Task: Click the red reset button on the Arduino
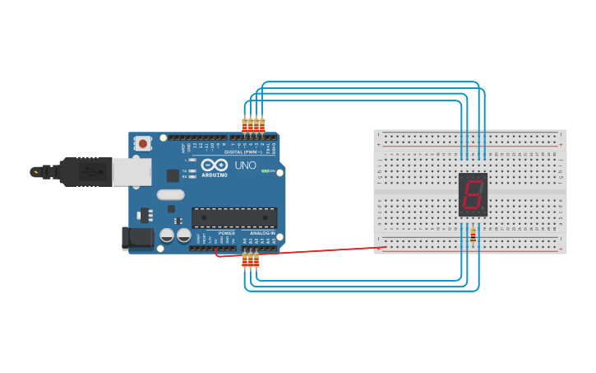(x=144, y=143)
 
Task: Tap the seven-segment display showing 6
(x=473, y=195)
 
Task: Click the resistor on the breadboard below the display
(x=473, y=235)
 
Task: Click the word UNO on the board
(x=246, y=165)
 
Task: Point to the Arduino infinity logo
(x=214, y=165)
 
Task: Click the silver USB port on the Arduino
(x=132, y=171)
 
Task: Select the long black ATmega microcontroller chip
(x=234, y=218)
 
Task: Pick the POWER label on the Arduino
(x=227, y=233)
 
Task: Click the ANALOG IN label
(x=262, y=233)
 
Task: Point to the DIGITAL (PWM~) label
(x=243, y=152)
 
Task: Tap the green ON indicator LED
(x=267, y=171)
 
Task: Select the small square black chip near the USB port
(x=173, y=175)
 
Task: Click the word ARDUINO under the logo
(x=214, y=175)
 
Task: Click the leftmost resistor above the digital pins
(x=245, y=125)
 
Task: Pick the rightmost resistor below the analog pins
(x=256, y=260)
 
